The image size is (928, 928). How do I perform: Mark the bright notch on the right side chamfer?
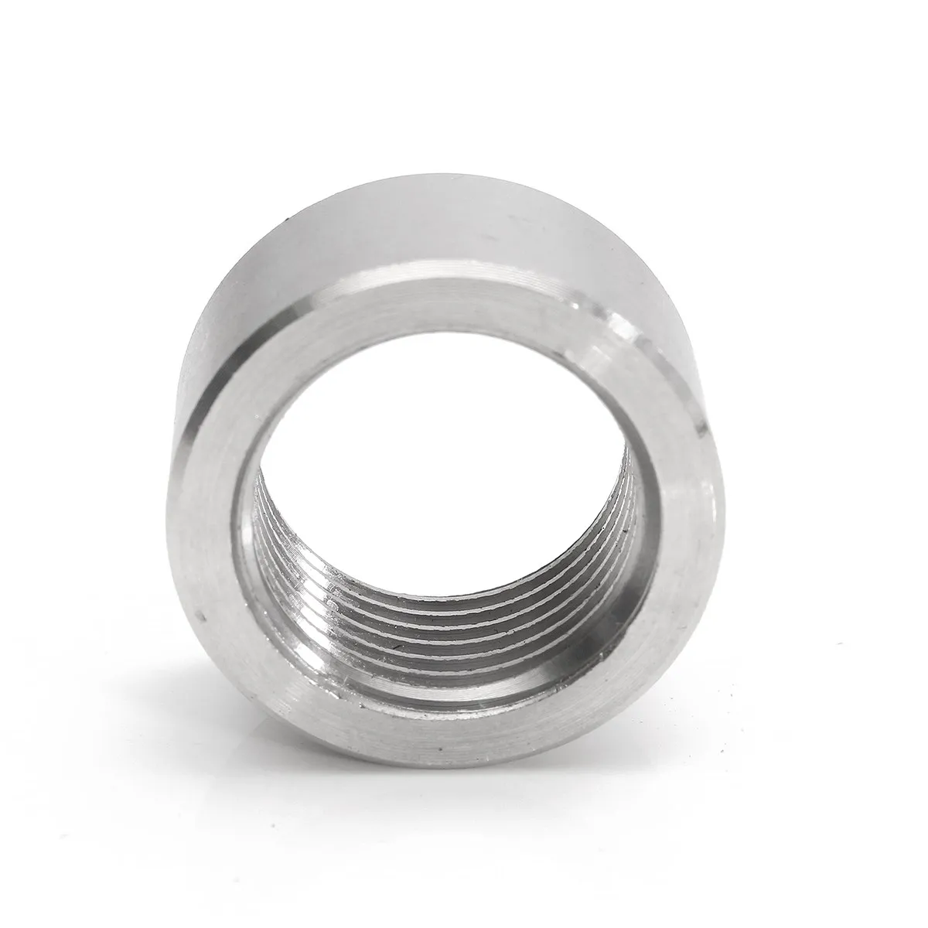click(700, 425)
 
